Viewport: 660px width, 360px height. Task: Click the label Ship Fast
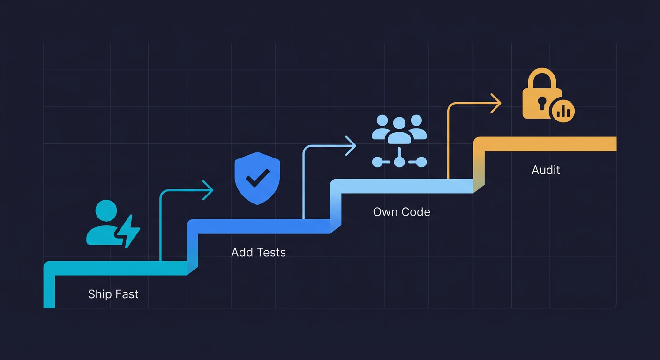tap(113, 294)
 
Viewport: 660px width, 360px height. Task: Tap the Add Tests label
tap(258, 253)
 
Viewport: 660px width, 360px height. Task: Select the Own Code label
tap(401, 212)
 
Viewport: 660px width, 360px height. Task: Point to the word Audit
tap(546, 170)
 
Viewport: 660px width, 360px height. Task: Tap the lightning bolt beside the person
tap(127, 231)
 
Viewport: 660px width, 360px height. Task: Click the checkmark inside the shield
tap(257, 177)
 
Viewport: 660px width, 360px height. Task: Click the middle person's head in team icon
tap(399, 123)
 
